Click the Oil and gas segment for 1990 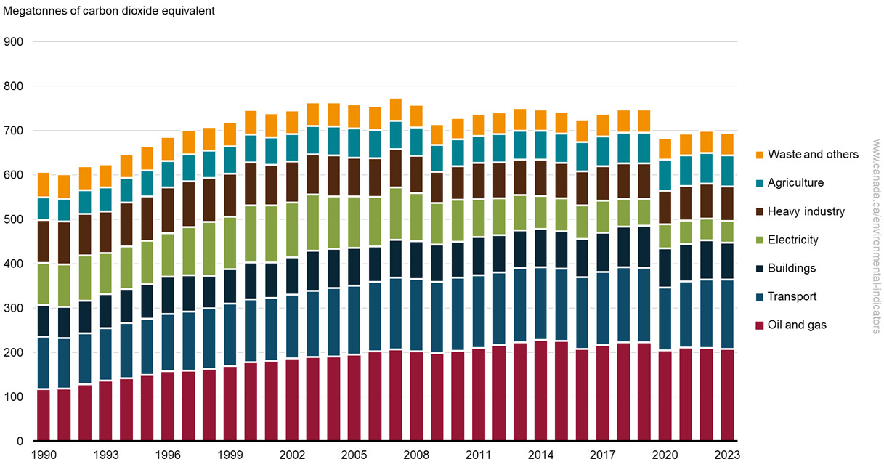point(44,415)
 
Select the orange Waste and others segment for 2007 point(395,110)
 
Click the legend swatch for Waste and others point(759,155)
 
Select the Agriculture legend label point(795,183)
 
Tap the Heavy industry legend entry point(806,211)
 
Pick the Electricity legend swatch point(759,240)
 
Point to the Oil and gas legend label point(797,325)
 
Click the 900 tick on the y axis point(15,42)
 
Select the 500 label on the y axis point(15,219)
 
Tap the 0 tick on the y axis point(20,441)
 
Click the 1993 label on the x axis point(105,455)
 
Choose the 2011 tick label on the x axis point(478,455)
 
